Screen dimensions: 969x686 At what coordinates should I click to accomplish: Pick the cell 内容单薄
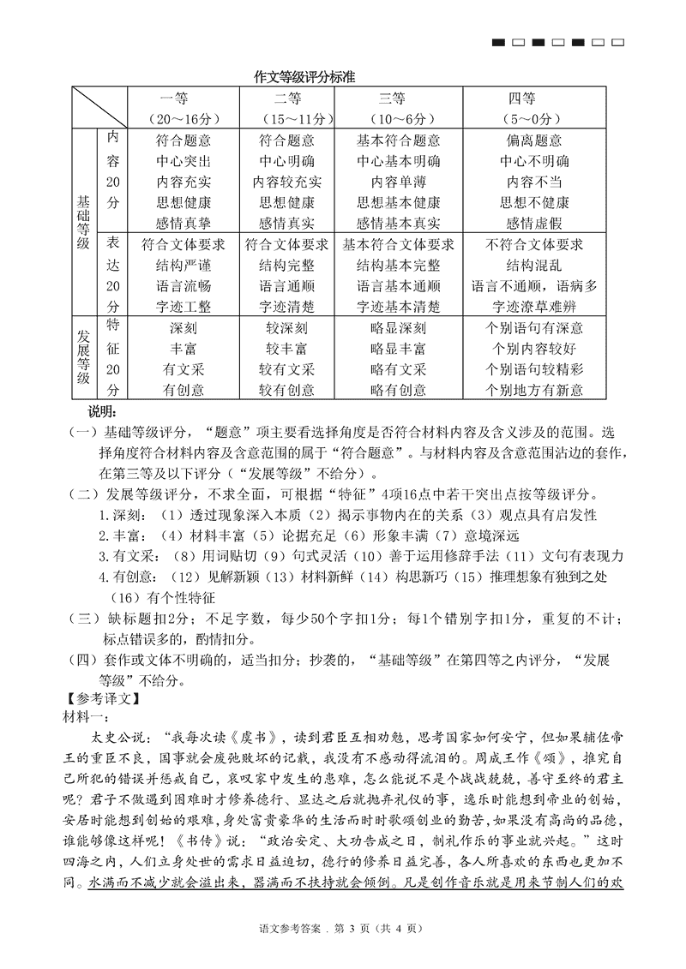(398, 182)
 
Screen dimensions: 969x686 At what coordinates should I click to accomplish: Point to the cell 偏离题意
(533, 141)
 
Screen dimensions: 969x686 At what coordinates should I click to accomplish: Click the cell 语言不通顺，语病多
(533, 285)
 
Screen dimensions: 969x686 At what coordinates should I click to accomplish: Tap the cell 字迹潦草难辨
(533, 306)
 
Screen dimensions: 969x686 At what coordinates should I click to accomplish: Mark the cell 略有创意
(398, 390)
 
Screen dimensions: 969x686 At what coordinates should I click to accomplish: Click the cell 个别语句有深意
(533, 327)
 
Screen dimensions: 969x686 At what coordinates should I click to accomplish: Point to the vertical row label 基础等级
(83, 221)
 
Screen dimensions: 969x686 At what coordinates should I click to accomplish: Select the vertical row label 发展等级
(83, 358)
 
